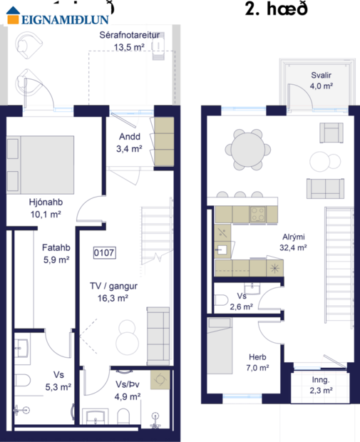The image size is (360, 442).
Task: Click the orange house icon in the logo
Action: tap(14, 14)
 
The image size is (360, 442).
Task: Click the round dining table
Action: tap(247, 148)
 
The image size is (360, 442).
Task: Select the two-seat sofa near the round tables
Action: tap(324, 188)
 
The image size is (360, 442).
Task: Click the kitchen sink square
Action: tap(222, 250)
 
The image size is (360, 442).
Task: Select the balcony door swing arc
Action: tap(294, 95)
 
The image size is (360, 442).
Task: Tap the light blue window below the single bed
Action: tap(237, 397)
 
